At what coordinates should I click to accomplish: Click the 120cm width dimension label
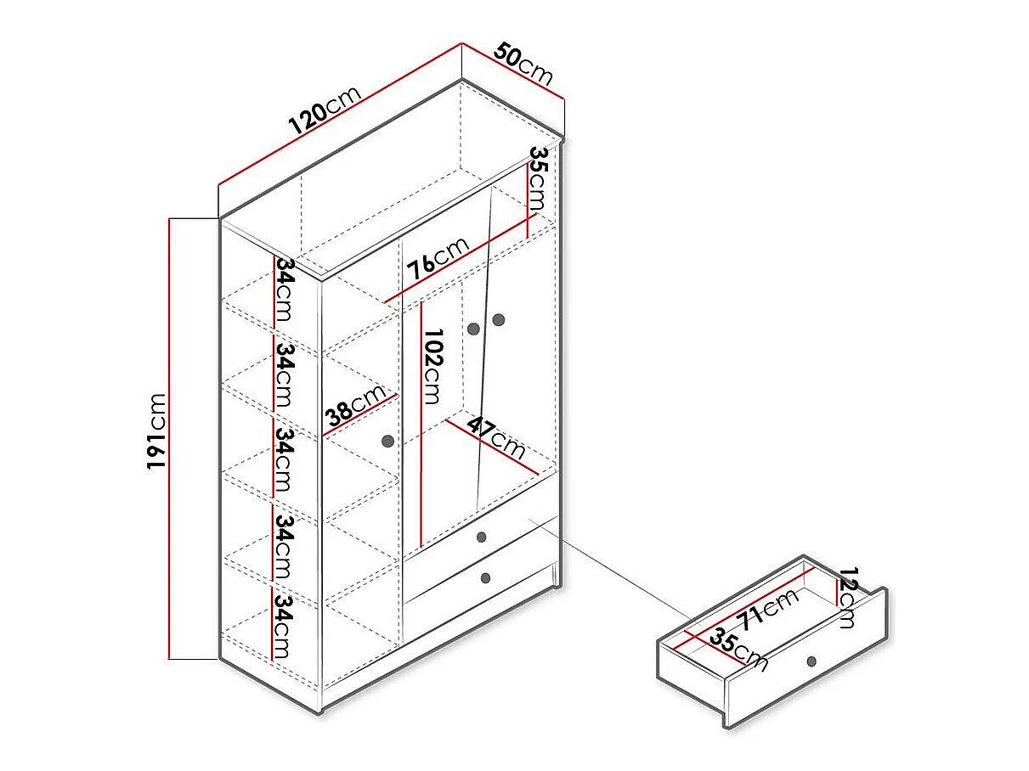[325, 110]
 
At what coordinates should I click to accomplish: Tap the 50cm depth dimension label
[523, 63]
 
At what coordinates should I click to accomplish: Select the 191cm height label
[156, 431]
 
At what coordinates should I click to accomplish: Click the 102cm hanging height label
[433, 366]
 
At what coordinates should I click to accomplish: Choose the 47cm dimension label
[496, 438]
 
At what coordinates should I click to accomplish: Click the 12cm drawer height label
[848, 598]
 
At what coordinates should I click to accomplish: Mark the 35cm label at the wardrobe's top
[538, 178]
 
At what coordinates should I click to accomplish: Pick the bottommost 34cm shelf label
[284, 627]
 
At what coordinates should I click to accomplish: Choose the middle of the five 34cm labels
[284, 459]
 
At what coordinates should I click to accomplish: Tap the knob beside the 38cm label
[387, 441]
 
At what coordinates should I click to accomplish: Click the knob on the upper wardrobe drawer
[481, 537]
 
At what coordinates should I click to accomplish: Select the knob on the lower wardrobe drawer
[486, 578]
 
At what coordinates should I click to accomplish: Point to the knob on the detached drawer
[811, 661]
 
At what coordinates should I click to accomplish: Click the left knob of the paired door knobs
[473, 329]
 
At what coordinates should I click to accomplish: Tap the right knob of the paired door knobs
[498, 320]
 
